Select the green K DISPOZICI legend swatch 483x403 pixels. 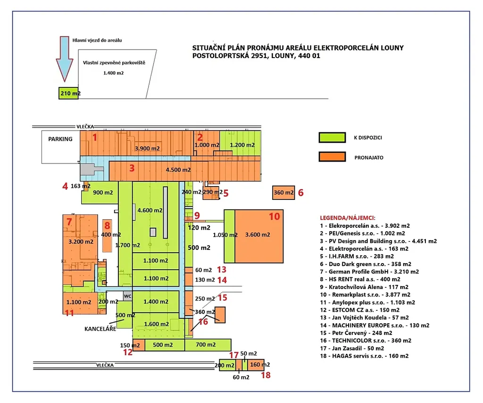point(333,137)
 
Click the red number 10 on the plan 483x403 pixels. point(274,216)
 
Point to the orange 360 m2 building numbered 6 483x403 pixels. point(283,193)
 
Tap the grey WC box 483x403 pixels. point(127,296)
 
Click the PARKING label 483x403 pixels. point(60,139)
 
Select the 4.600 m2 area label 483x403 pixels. point(150,210)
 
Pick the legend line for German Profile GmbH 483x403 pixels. point(369,272)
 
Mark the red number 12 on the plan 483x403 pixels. point(128,352)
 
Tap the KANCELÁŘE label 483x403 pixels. point(100,328)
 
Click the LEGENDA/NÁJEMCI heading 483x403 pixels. point(348,218)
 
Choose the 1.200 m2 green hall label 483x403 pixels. point(241,145)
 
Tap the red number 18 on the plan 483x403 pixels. point(266,375)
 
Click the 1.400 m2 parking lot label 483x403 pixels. point(113,73)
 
